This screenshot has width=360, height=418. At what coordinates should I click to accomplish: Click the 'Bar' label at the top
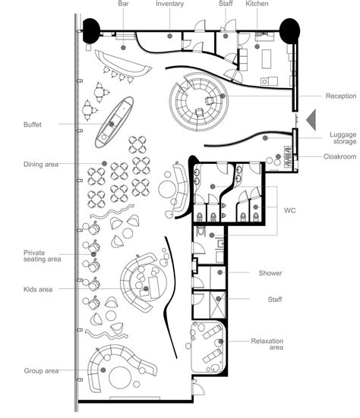[123, 5]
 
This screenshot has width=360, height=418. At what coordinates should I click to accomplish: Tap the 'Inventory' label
[169, 5]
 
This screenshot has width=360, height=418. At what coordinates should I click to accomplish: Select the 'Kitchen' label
[256, 5]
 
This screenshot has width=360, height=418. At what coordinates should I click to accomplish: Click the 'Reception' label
[340, 96]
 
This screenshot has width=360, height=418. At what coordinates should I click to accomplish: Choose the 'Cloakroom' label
[339, 157]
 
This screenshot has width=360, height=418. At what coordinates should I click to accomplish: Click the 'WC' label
[289, 209]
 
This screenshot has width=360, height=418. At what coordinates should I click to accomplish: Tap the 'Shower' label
[270, 273]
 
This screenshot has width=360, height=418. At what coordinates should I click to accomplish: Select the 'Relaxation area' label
[267, 345]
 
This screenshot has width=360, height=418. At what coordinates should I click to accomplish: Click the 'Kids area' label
[38, 289]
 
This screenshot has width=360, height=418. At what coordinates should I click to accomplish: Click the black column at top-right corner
[289, 31]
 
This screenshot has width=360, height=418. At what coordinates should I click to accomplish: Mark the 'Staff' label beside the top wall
[226, 5]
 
